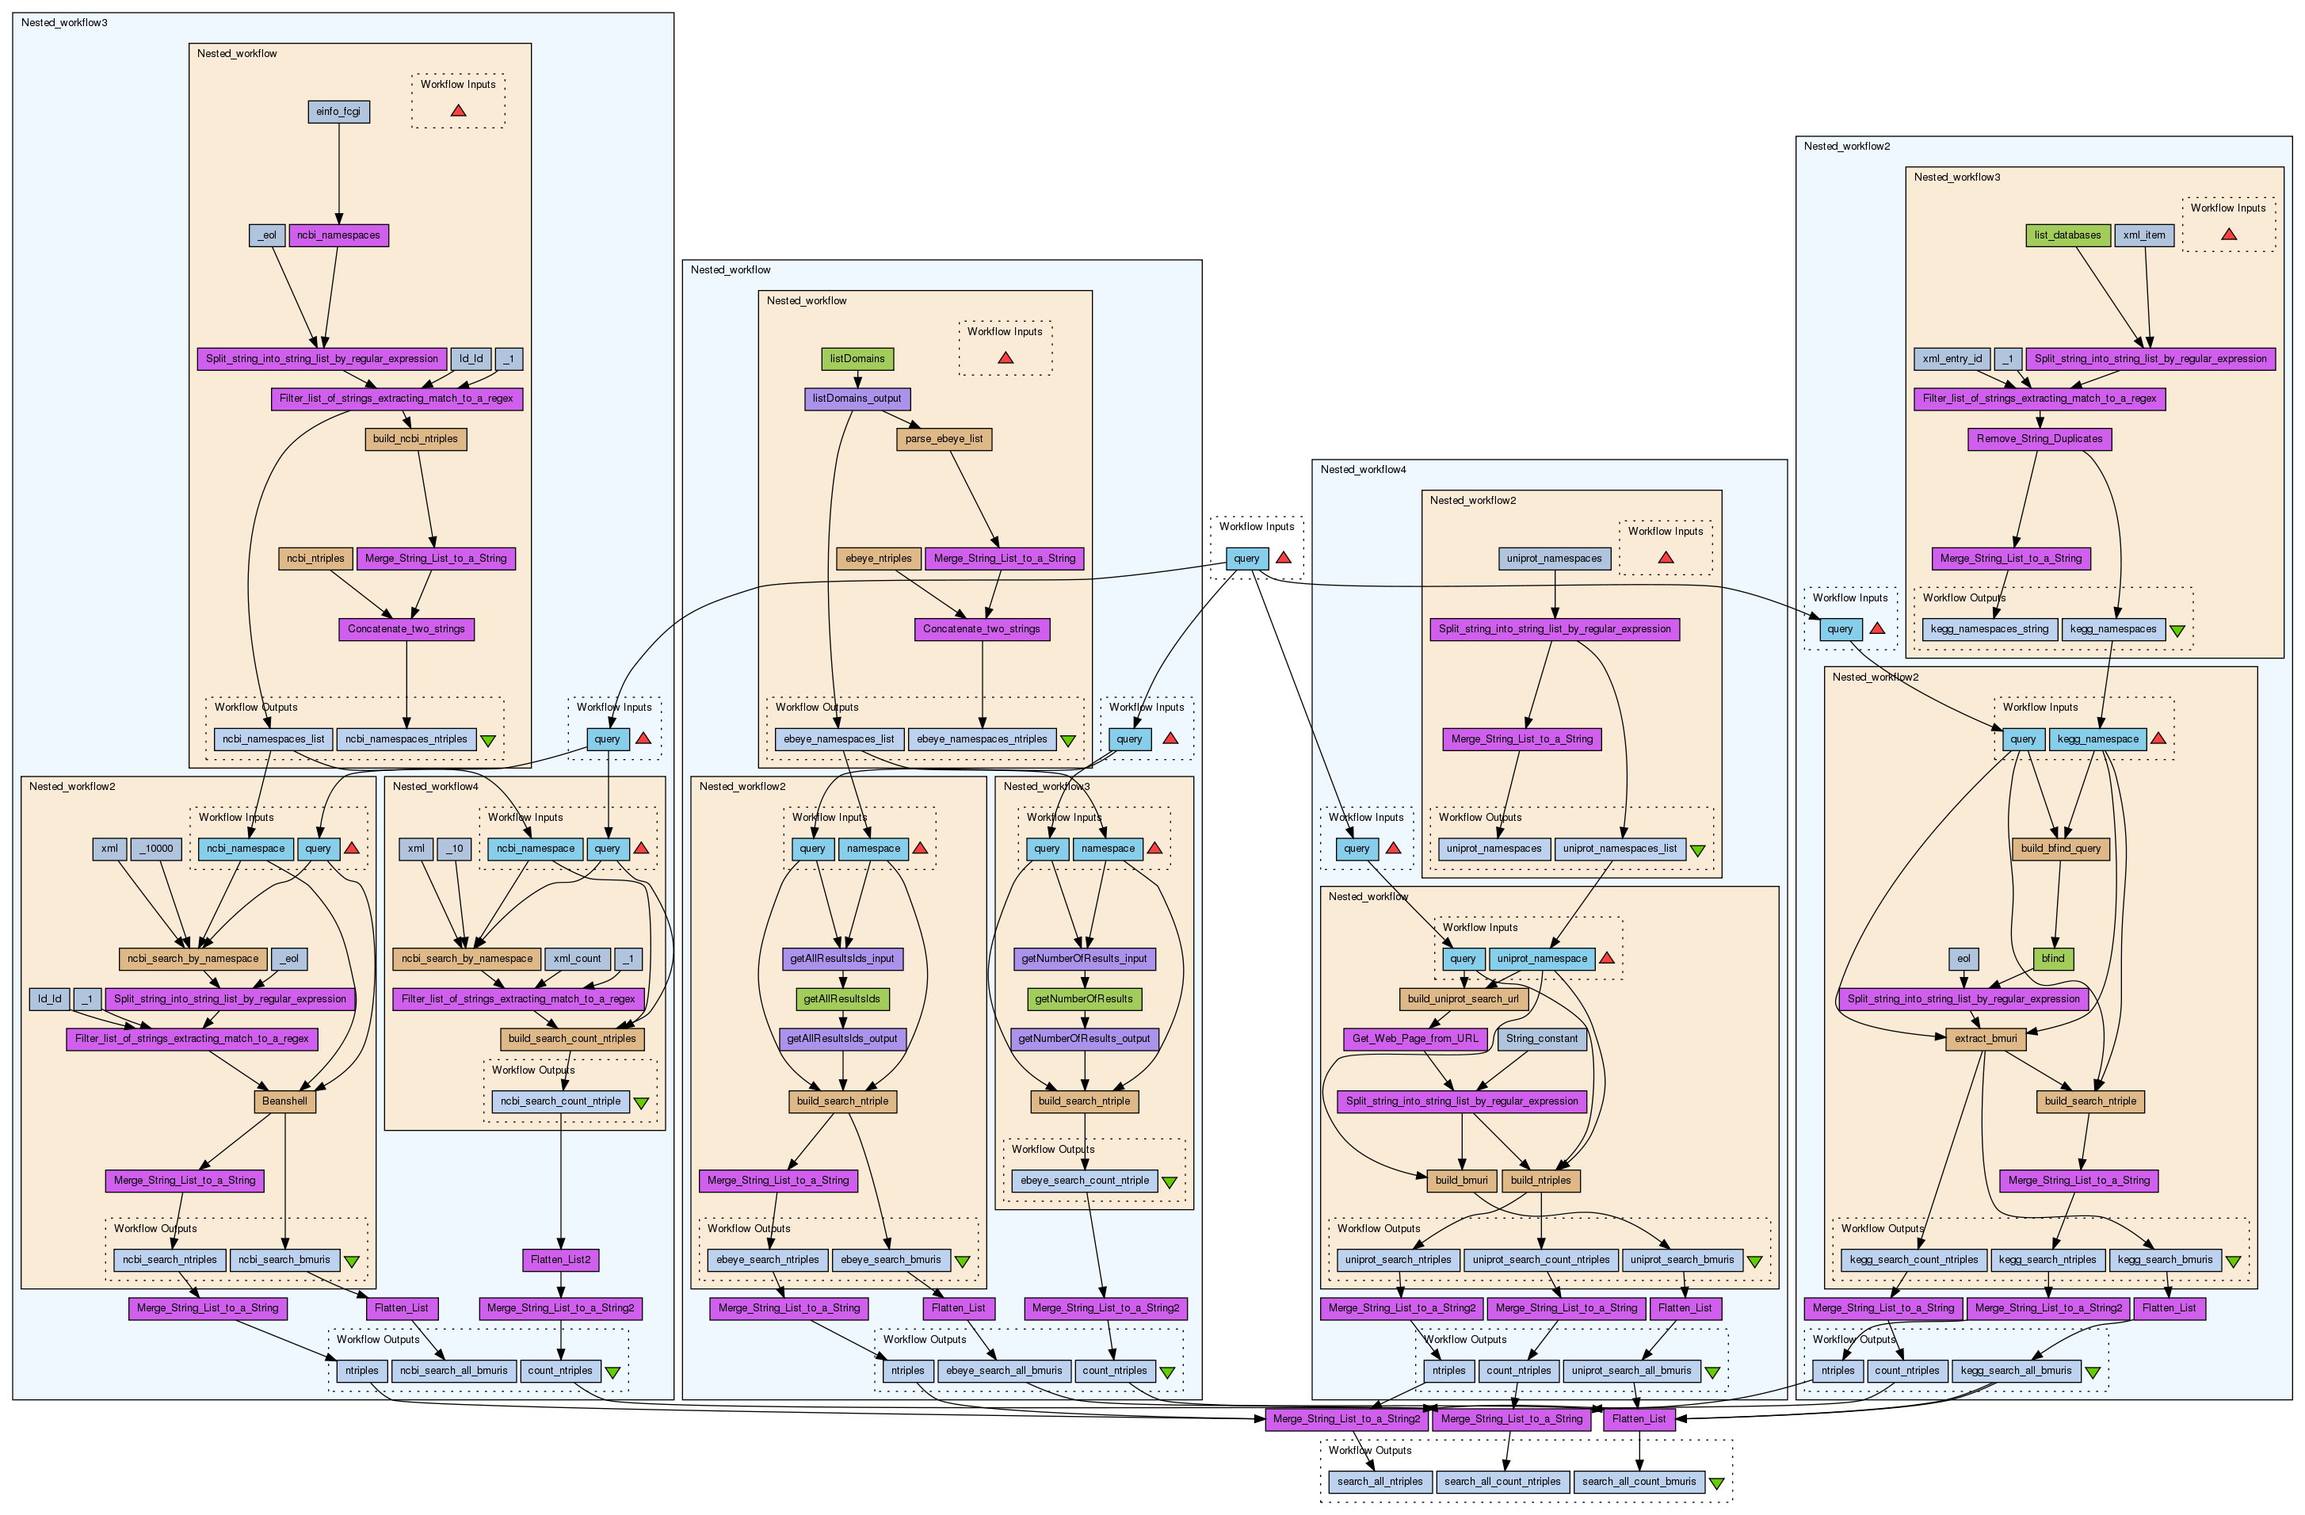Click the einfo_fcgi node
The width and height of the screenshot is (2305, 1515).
338,112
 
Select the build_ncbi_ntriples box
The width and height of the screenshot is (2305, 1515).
415,439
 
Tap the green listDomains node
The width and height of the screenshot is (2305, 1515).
857,358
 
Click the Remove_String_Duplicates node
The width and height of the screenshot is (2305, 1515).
2040,439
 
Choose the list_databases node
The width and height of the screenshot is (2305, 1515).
2068,235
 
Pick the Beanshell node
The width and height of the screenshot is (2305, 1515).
284,1101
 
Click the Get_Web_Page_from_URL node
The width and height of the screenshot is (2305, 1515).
1415,1040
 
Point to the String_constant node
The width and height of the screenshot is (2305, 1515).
1542,1040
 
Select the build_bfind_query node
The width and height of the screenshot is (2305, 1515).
2061,849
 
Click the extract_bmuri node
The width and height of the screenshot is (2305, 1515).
1986,1040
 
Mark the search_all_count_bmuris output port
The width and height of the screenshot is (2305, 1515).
1639,1482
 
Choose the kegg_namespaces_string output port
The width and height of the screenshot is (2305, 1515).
1990,630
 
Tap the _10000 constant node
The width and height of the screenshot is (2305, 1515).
156,849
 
